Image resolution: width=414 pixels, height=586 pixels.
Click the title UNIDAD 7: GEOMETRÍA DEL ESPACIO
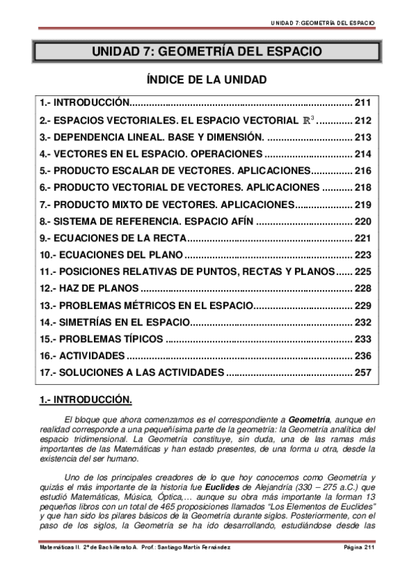(207, 53)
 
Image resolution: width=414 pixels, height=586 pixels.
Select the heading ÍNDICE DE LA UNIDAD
(207, 79)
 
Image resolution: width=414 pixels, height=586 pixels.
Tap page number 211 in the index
(364, 103)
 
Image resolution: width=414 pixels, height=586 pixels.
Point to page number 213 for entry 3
(364, 137)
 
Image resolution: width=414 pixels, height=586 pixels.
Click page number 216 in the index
(364, 170)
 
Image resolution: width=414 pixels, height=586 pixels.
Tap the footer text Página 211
(359, 548)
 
